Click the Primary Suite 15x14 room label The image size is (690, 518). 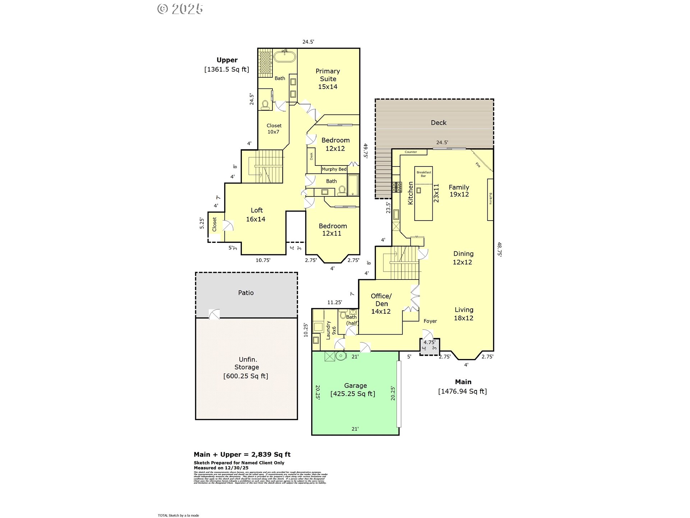327,79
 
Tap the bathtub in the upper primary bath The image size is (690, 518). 285,57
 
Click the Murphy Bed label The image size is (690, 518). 334,169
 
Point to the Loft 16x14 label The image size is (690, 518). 256,215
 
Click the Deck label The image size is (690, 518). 438,123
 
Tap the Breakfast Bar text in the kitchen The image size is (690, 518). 424,174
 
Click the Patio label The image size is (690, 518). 246,293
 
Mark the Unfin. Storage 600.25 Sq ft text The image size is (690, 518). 246,368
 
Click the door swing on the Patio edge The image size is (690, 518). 214,314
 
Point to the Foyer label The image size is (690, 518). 430,321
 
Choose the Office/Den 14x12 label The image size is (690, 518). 381,304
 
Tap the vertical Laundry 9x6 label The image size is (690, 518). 331,331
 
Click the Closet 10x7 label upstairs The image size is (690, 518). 274,129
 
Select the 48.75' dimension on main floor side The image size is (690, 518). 499,249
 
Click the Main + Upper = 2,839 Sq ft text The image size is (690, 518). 242,454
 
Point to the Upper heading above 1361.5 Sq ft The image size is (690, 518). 227,60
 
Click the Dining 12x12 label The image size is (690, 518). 463,258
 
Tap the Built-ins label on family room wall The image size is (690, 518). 490,199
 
